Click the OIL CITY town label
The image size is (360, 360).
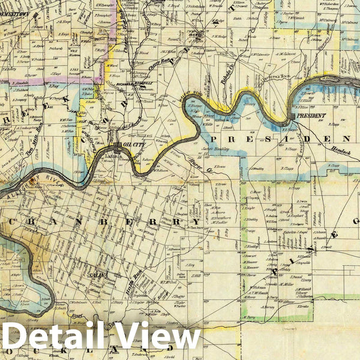(133, 145)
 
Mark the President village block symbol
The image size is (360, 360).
(292, 116)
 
